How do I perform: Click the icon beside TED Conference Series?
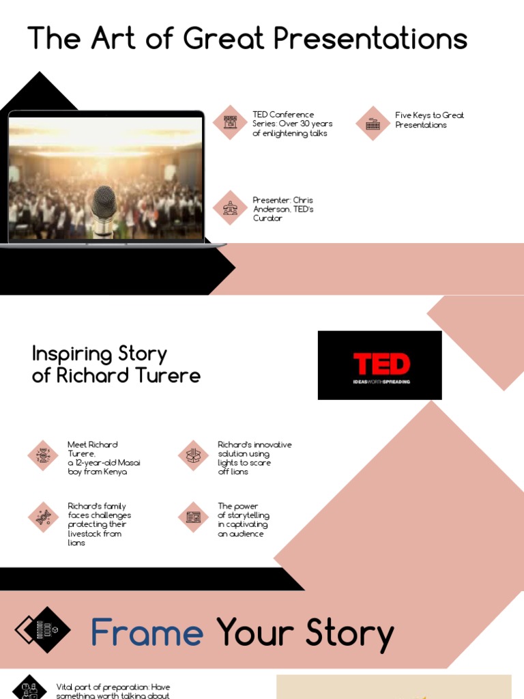[x=230, y=123]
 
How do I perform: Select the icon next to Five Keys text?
[x=373, y=123]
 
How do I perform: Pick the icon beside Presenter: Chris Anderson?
[x=230, y=208]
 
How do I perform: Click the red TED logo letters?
[x=381, y=364]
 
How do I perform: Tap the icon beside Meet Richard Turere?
[x=44, y=455]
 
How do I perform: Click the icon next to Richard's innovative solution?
[x=193, y=455]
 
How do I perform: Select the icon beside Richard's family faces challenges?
[x=44, y=517]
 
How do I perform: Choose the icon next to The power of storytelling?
[x=193, y=517]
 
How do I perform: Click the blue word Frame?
[x=147, y=633]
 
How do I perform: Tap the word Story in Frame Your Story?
[x=349, y=633]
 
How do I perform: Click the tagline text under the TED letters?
[x=381, y=382]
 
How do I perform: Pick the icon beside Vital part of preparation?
[x=29, y=688]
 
